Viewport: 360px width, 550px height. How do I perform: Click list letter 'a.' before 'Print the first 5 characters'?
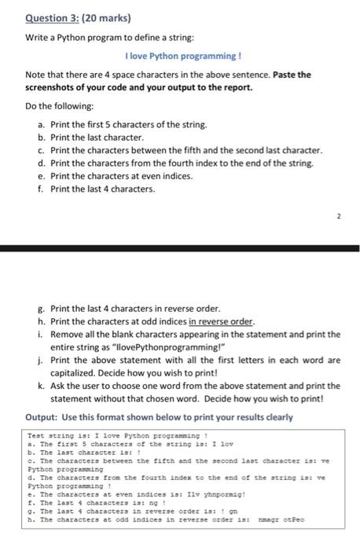pyautogui.click(x=41, y=125)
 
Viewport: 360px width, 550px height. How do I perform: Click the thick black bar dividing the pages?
pyautogui.click(x=180, y=248)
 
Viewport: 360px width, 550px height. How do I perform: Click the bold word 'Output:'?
pyautogui.click(x=42, y=416)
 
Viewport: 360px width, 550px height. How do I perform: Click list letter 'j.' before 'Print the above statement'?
pyautogui.click(x=41, y=360)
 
